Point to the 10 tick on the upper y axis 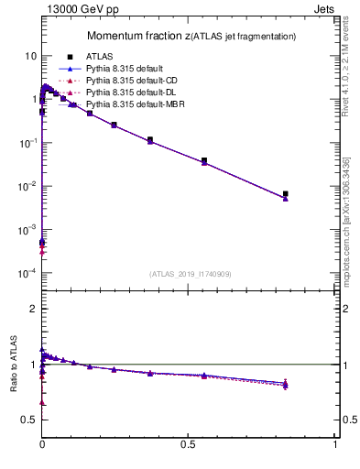[29, 56]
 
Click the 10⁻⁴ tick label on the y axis [26, 273]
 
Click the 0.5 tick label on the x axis [189, 443]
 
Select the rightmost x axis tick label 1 [335, 443]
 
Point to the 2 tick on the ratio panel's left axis [32, 309]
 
